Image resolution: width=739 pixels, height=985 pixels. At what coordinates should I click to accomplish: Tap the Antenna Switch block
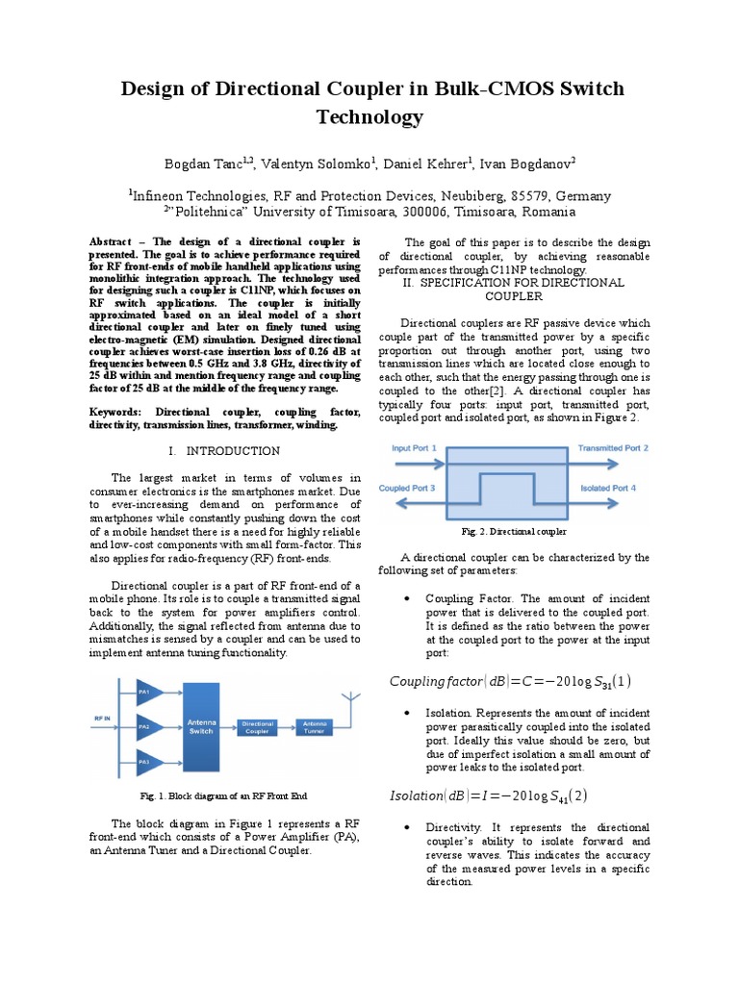(201, 726)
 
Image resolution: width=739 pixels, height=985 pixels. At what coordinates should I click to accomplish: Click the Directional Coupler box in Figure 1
(258, 726)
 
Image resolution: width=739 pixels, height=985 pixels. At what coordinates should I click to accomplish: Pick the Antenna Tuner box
(315, 726)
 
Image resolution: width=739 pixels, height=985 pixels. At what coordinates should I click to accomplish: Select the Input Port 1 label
(415, 448)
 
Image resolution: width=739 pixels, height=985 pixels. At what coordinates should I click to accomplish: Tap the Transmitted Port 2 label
(613, 448)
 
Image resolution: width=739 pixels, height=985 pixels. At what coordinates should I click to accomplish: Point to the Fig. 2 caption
(515, 531)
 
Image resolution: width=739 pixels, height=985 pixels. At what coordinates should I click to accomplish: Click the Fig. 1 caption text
(224, 796)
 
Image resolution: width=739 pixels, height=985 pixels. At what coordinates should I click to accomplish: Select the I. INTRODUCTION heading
(224, 450)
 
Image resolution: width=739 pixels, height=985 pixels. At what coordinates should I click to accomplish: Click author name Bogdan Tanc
(209, 164)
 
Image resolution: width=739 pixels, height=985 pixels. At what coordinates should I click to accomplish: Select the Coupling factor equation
(510, 682)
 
